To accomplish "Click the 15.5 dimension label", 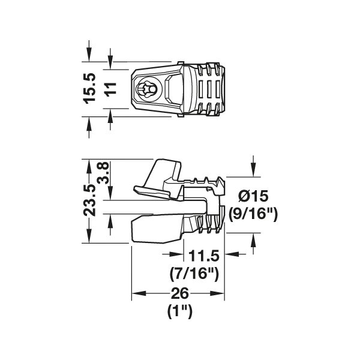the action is pyautogui.click(x=89, y=88).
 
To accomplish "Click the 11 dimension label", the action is pyautogui.click(x=110, y=88).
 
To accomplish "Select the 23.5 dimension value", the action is pyautogui.click(x=89, y=200).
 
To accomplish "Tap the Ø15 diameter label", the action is pyautogui.click(x=253, y=196).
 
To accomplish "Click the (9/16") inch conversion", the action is pyautogui.click(x=253, y=214).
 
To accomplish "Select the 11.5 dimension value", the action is pyautogui.click(x=204, y=256).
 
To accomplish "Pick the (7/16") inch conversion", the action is pyautogui.click(x=194, y=274).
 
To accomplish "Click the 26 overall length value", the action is pyautogui.click(x=180, y=293).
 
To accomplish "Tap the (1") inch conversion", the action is pyautogui.click(x=180, y=311).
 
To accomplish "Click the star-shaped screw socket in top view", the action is pyautogui.click(x=145, y=88).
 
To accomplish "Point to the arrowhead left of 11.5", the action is pyautogui.click(x=176, y=254).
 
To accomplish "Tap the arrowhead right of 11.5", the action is pyautogui.click(x=232, y=254).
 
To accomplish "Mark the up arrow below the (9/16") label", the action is pyautogui.click(x=253, y=240).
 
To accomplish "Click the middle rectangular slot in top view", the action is pyautogui.click(x=209, y=88).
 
